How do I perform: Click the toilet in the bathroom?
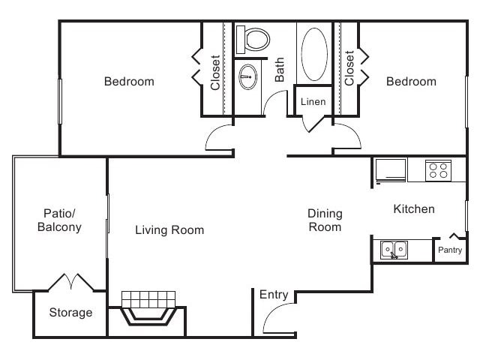pyautogui.click(x=253, y=40)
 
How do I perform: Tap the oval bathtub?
pyautogui.click(x=314, y=54)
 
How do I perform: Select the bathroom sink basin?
pyautogui.click(x=248, y=76)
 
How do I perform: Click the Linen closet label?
pyautogui.click(x=313, y=102)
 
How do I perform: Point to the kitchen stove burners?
pyautogui.click(x=438, y=170)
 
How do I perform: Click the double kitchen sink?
pyautogui.click(x=394, y=250)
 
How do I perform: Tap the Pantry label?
pyautogui.click(x=450, y=250)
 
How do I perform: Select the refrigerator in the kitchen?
pyautogui.click(x=391, y=170)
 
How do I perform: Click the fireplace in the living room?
pyautogui.click(x=148, y=308)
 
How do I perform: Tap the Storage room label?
pyautogui.click(x=70, y=313)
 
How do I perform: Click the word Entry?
pyautogui.click(x=274, y=295)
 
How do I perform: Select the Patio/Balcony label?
pyautogui.click(x=59, y=220)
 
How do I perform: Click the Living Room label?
pyautogui.click(x=169, y=230)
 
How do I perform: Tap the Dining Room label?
pyautogui.click(x=325, y=220)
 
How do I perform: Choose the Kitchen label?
pyautogui.click(x=414, y=208)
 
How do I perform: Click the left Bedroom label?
pyautogui.click(x=129, y=82)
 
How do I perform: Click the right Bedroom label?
pyautogui.click(x=411, y=82)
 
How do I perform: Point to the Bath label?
pyautogui.click(x=279, y=70)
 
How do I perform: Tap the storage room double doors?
pyautogui.click(x=71, y=282)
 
